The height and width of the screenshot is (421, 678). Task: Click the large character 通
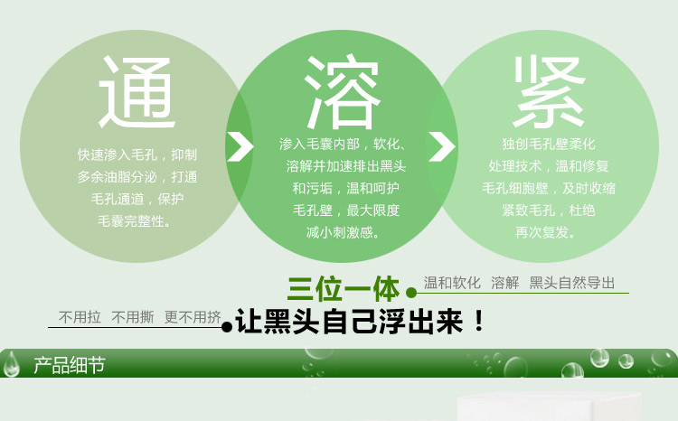tap(137, 92)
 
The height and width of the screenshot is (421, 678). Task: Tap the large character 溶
tap(343, 91)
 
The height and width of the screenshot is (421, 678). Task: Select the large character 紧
tap(549, 91)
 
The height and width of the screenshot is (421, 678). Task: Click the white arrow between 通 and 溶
tap(240, 146)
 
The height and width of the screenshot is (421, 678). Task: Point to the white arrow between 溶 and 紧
tap(441, 146)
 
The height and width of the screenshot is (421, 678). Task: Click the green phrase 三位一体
tap(344, 288)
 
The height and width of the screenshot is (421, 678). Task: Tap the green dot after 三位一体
tap(411, 293)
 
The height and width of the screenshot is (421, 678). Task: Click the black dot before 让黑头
tap(227, 327)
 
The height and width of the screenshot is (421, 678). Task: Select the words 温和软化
tap(452, 283)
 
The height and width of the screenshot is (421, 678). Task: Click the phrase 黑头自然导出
tap(572, 283)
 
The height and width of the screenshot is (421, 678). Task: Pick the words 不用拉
tap(80, 317)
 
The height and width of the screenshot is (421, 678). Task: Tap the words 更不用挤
tap(193, 317)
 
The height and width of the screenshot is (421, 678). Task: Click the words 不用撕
tap(132, 317)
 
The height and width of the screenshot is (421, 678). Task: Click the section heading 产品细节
tap(70, 365)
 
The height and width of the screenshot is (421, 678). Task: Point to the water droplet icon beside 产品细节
tap(12, 364)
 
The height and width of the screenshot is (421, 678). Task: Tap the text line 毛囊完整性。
tap(134, 221)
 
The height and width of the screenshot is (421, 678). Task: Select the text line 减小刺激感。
tap(344, 232)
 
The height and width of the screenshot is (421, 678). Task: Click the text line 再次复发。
tap(546, 232)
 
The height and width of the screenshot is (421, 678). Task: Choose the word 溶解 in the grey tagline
tap(505, 283)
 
